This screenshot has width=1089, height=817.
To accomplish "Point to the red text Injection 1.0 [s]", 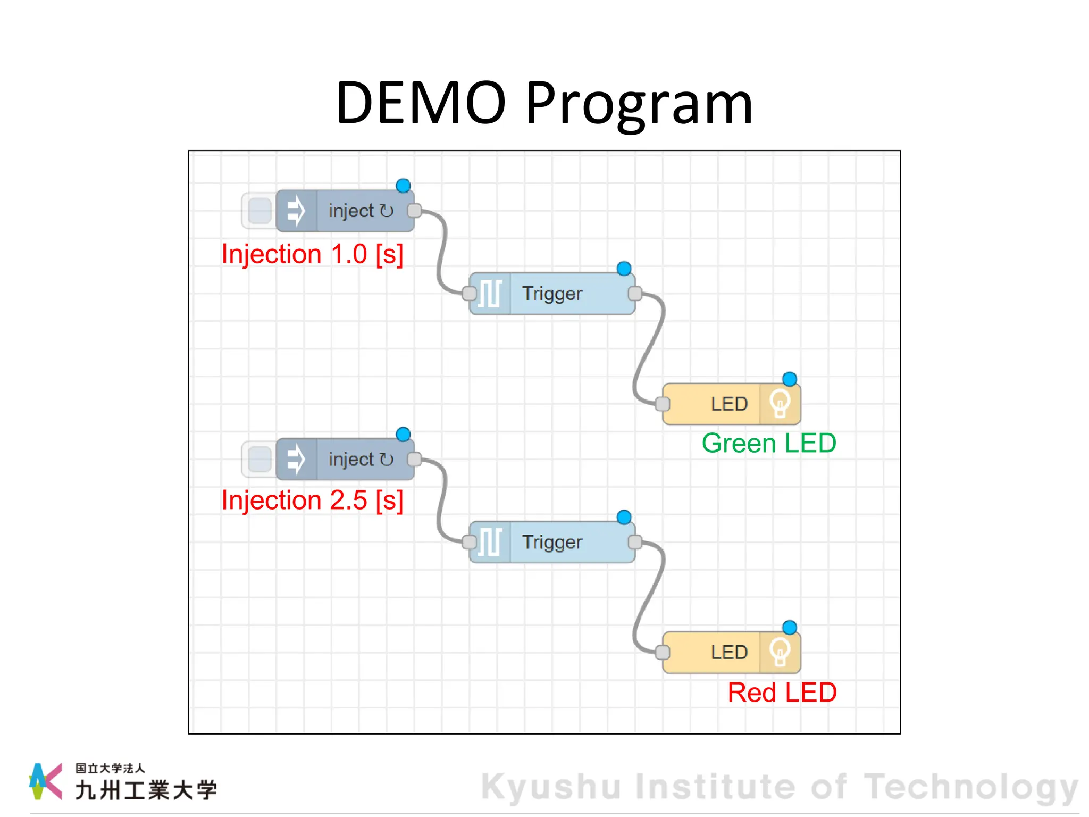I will click(x=312, y=254).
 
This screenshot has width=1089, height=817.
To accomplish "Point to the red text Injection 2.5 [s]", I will click(x=312, y=501).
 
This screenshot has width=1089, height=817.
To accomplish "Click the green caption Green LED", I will click(x=769, y=443).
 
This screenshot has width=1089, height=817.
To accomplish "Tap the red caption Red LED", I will click(x=782, y=693).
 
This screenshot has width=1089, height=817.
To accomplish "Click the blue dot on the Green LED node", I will click(x=790, y=379).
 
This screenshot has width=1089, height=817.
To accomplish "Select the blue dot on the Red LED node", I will click(x=790, y=628).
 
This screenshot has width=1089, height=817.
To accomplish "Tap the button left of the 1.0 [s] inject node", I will click(x=259, y=211).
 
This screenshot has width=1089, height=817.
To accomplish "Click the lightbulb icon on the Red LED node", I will click(x=780, y=652).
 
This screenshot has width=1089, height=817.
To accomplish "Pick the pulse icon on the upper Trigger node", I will click(x=490, y=294).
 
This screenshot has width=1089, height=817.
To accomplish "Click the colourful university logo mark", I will click(x=46, y=781).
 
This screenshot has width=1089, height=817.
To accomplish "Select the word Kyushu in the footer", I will click(x=551, y=787).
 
